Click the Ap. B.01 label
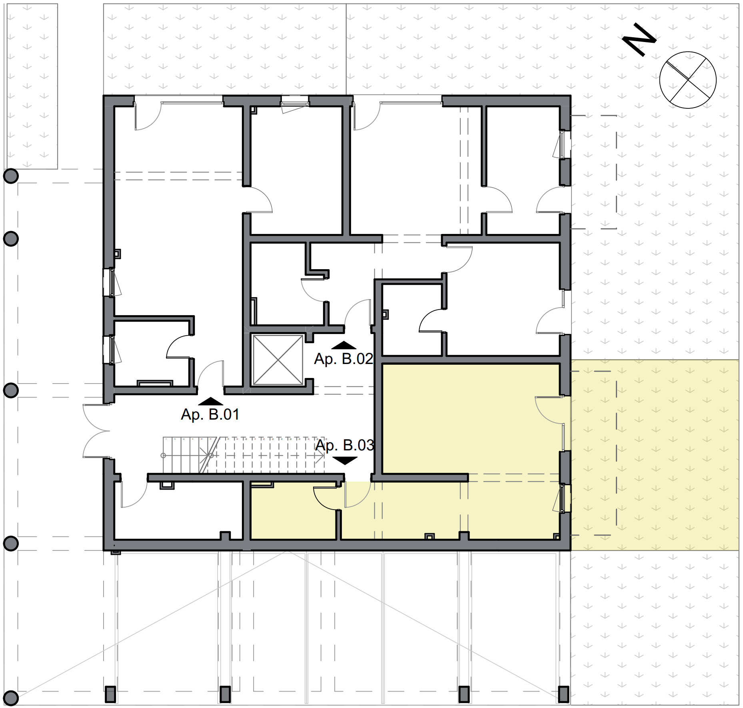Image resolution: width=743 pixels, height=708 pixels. pos(210,414)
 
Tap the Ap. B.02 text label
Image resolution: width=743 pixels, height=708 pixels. pos(344,359)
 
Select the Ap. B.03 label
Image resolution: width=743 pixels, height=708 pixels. pos(345,445)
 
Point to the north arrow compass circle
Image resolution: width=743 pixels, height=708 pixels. pos(688,80)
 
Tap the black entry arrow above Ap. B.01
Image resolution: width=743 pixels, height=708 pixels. pos(211,401)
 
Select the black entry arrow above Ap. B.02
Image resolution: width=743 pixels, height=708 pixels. pos(344,345)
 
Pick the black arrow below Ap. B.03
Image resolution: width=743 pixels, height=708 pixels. pos(345,460)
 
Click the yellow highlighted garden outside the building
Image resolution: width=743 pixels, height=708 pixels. pos(655,455)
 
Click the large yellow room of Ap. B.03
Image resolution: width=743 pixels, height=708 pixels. pos(471,419)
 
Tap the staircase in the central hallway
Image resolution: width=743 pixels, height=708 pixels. pos(244,455)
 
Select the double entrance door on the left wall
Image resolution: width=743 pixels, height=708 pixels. pos(96,431)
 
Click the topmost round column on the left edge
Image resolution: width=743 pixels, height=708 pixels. pos(11,176)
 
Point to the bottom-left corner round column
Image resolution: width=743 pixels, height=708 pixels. pos(11,698)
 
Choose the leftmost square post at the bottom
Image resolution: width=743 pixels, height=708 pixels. pos(110,694)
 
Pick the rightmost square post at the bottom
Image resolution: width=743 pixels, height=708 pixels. pos(563,694)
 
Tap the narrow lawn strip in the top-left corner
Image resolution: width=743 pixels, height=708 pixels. pos(31,86)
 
